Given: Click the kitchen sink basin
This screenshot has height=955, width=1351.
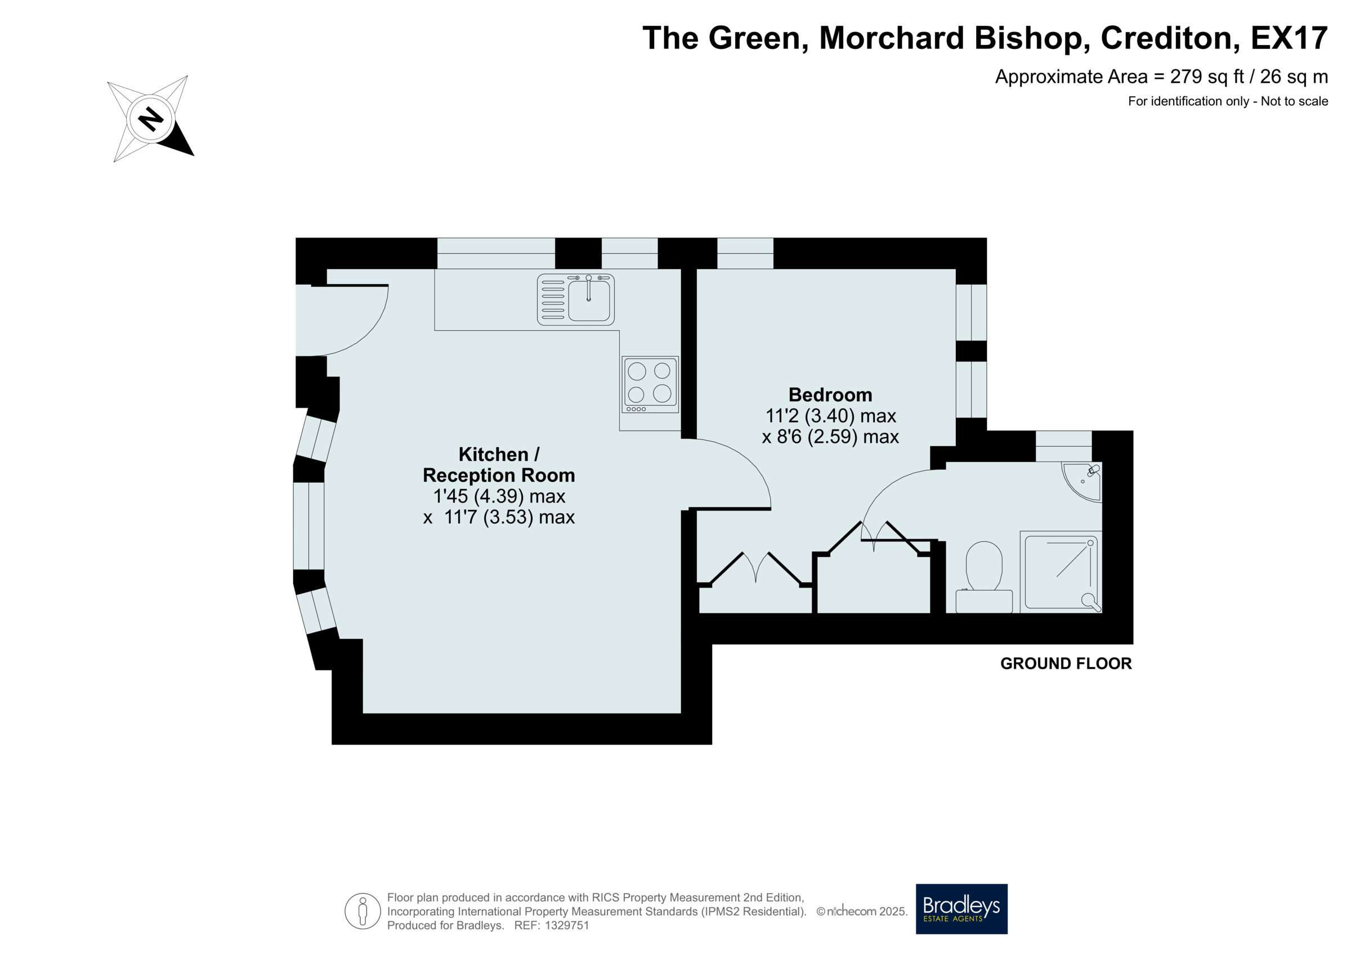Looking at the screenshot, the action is [x=588, y=300].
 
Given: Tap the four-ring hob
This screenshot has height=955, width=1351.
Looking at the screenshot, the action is [x=650, y=384].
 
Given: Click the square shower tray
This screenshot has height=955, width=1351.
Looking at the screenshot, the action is [x=1061, y=572].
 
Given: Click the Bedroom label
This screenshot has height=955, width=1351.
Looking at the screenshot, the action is [x=830, y=394].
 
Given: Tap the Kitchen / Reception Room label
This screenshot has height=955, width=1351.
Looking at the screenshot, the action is [x=499, y=464].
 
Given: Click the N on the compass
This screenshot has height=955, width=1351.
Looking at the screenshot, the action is [x=151, y=119].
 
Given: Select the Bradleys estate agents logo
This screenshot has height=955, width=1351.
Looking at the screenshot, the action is [x=961, y=909].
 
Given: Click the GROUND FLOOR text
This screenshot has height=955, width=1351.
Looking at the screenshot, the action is [x=1066, y=663].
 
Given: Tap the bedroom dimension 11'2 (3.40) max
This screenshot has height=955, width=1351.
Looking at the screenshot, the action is [x=830, y=416].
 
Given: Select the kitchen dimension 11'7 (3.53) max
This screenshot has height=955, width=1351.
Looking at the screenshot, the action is [x=509, y=517].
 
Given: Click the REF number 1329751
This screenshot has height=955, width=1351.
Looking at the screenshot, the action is [x=567, y=926].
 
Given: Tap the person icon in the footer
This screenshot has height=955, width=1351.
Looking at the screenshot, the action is [x=363, y=912].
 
